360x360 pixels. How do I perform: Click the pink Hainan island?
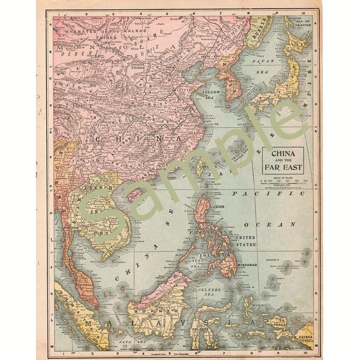click(x=136, y=193)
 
